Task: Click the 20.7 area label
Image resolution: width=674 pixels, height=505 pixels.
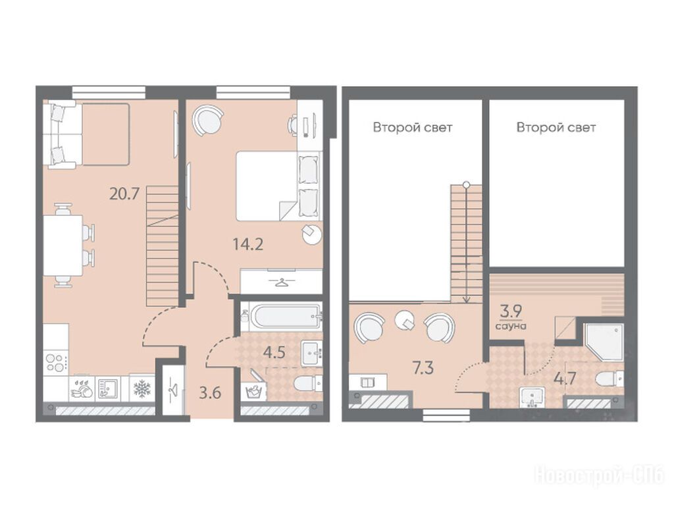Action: point(124,194)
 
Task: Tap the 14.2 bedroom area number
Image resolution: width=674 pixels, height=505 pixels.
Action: point(248,244)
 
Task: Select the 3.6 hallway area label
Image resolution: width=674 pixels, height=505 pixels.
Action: point(210,392)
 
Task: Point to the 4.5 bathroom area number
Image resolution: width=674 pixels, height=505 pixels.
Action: point(274,353)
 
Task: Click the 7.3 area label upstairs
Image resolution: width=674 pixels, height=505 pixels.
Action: point(423,368)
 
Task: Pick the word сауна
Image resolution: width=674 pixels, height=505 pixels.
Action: point(511,326)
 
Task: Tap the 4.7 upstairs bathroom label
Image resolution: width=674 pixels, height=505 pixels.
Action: point(564,379)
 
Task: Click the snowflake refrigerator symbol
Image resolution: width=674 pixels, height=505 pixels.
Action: point(142,389)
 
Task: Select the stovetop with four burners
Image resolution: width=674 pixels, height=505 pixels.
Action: point(56,362)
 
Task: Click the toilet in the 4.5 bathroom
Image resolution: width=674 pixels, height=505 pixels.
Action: point(308,383)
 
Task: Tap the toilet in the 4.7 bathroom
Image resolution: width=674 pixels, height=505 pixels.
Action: point(609,379)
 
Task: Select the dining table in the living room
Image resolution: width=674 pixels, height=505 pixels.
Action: point(63,245)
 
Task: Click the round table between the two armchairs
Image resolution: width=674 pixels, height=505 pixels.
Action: point(405,320)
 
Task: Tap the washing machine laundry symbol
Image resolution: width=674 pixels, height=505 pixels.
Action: point(253,392)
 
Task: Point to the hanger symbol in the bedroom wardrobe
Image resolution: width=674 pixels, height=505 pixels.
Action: point(281,282)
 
